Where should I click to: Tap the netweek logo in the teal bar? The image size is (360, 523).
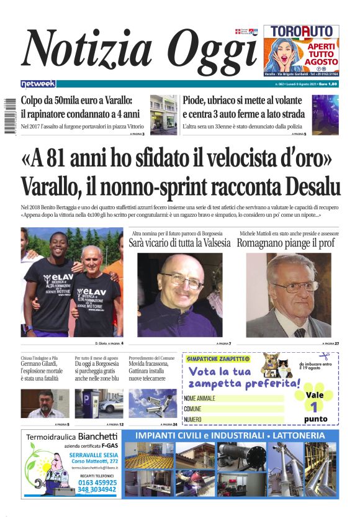click(x=38, y=83)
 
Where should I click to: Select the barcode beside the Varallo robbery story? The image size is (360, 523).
click(x=10, y=115)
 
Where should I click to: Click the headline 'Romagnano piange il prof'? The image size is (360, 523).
click(x=289, y=243)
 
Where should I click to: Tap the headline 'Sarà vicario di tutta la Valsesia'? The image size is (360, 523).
click(x=179, y=243)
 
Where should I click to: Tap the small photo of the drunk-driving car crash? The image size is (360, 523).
click(x=325, y=115)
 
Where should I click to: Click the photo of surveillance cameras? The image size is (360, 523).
click(x=153, y=404)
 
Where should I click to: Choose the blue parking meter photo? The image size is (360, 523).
click(x=99, y=404)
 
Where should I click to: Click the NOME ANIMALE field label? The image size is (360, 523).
click(x=199, y=398)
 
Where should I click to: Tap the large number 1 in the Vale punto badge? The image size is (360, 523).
click(x=315, y=407)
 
